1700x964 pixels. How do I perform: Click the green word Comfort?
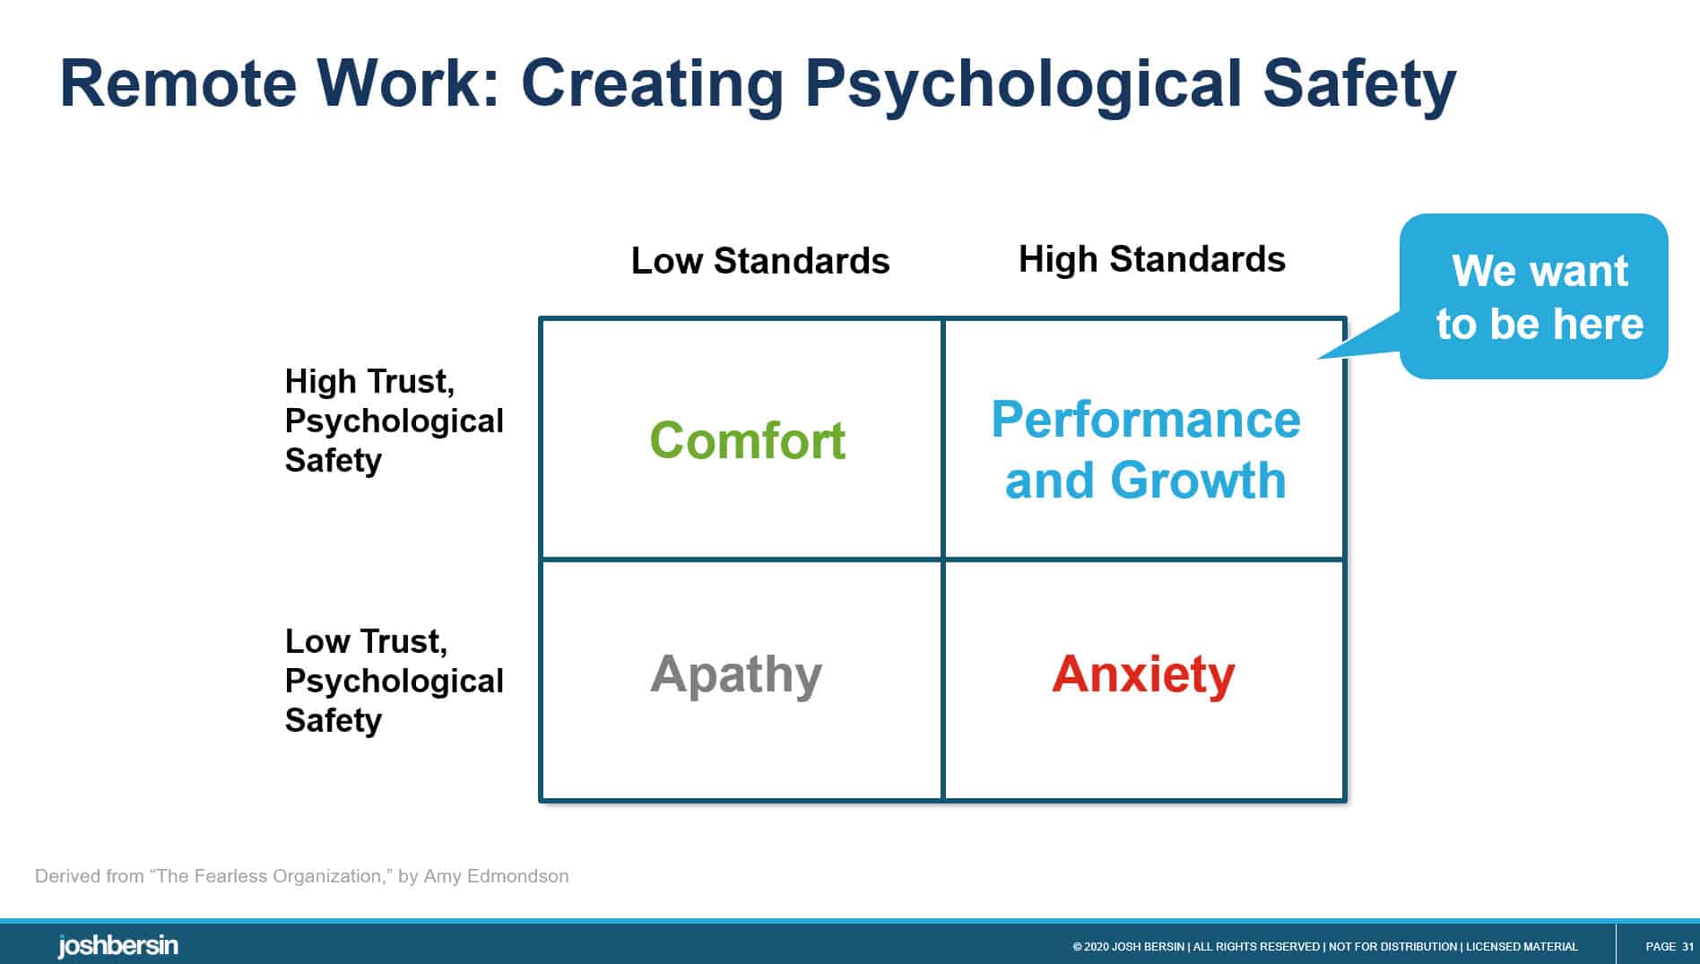747,440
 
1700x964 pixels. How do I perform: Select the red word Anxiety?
1143,674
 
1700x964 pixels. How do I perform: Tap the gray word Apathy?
735,674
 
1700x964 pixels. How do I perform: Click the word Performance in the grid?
1145,420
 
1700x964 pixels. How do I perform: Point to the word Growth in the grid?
1198,480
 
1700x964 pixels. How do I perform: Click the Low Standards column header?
759,261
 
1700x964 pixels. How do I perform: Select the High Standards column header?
1151,259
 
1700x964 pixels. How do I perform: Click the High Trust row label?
369,381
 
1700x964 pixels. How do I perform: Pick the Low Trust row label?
366,641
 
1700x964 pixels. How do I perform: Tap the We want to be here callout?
1539,297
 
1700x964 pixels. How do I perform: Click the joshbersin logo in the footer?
117,946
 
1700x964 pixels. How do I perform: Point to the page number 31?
1687,946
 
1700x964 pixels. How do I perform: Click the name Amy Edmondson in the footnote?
496,876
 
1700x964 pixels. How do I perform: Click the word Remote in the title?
178,83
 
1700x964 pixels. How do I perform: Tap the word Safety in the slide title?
1359,83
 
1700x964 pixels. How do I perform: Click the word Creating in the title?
652,83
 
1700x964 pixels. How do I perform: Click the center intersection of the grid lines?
943,560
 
